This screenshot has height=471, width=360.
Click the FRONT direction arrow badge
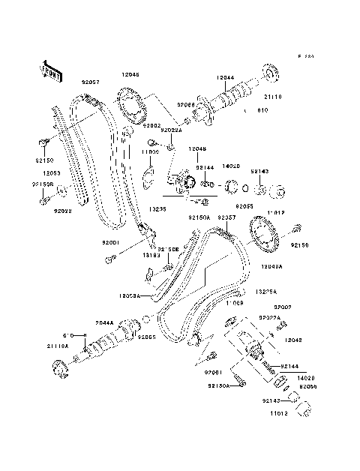coord(48,69)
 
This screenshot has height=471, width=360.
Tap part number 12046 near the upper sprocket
coord(130,75)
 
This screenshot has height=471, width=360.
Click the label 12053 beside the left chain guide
coord(51,172)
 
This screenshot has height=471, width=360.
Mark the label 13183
coord(153,256)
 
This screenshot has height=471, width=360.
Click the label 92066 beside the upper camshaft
coord(185,106)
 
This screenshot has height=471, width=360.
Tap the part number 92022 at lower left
coord(61,211)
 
